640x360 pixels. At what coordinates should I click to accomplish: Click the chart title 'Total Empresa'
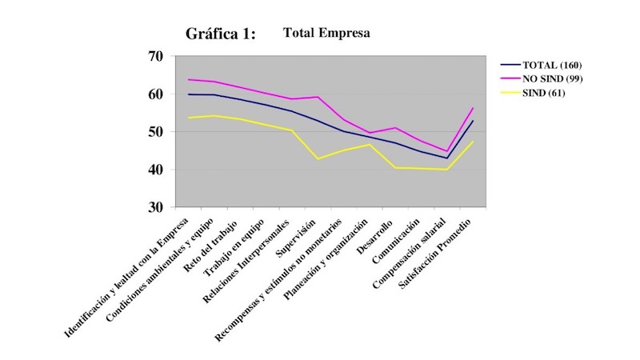coord(326,34)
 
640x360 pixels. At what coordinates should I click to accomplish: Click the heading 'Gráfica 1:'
coord(221,34)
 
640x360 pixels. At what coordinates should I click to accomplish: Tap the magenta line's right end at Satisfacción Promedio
coord(474,108)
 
